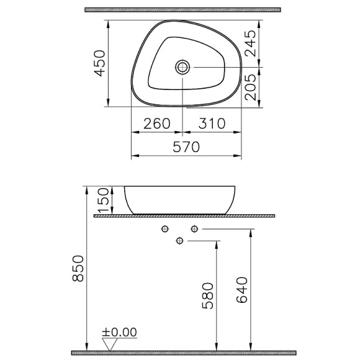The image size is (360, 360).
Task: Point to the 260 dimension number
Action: pos(156,124)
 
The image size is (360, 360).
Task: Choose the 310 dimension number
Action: pos(212,124)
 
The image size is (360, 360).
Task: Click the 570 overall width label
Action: pos(186,147)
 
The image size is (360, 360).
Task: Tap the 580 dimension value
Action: pos(207,297)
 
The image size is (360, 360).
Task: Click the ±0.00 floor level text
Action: pos(120,333)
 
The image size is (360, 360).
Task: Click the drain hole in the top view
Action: pos(182,66)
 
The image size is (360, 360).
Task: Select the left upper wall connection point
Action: pos(164,230)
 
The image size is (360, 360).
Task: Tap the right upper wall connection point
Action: pos(194,230)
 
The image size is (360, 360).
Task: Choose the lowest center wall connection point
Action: pos(180,241)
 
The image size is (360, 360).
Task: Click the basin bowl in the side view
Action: pos(182,199)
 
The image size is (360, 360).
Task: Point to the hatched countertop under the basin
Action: pos(183,215)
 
